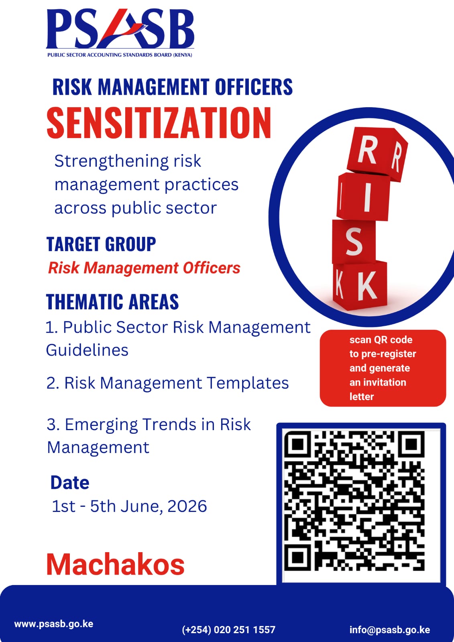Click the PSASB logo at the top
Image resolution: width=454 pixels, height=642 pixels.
pos(120,33)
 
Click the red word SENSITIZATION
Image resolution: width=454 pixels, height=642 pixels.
pos(159,123)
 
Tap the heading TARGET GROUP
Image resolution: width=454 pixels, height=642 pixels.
pos(101,244)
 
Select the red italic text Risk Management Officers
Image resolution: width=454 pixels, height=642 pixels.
pos(144,268)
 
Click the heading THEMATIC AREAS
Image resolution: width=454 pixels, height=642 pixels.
pos(112,301)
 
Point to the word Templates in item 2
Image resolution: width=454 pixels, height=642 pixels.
pos(248,383)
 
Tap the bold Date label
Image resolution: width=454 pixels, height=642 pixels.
pos(70,482)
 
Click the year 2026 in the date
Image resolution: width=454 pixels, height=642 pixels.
pos(187,506)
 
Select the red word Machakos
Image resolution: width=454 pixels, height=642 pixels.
pos(115,564)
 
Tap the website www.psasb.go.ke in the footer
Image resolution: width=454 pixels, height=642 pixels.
pos(54,624)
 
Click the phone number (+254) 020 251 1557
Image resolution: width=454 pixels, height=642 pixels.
pos(228,630)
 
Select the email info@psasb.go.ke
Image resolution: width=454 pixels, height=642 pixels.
pos(389,630)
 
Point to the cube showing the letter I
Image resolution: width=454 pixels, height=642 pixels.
pos(364,196)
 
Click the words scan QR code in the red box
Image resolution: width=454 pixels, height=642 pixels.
pos(381,340)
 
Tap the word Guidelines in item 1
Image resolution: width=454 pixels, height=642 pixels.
pos(87,350)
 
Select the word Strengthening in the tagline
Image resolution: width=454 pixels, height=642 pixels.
pos(111,161)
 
